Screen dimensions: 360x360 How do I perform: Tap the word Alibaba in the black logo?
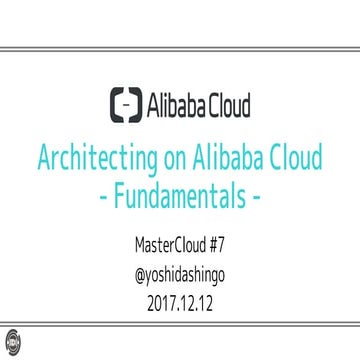[x=176, y=104]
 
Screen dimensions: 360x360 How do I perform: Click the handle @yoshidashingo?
[x=180, y=270]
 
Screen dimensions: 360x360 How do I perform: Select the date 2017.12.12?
[x=180, y=297]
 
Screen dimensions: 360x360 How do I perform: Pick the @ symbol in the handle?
[x=125, y=270]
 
